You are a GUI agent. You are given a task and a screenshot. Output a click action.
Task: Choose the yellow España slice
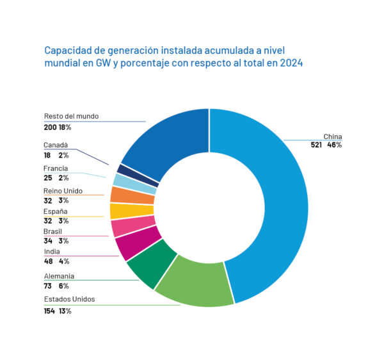(x=122, y=210)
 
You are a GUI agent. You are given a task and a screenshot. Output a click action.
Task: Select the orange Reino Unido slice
(x=124, y=195)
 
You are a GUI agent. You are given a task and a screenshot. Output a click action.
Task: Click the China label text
(x=333, y=136)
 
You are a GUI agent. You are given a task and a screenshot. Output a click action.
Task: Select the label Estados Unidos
(x=69, y=300)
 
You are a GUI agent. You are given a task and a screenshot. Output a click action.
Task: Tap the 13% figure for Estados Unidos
(x=65, y=311)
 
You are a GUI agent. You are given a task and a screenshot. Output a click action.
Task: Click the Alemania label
(x=59, y=276)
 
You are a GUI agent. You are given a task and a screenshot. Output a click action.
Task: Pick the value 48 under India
(x=49, y=261)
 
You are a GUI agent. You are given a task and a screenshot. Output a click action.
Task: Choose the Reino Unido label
(x=63, y=191)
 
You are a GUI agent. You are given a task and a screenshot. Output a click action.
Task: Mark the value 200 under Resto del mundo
(x=51, y=127)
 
